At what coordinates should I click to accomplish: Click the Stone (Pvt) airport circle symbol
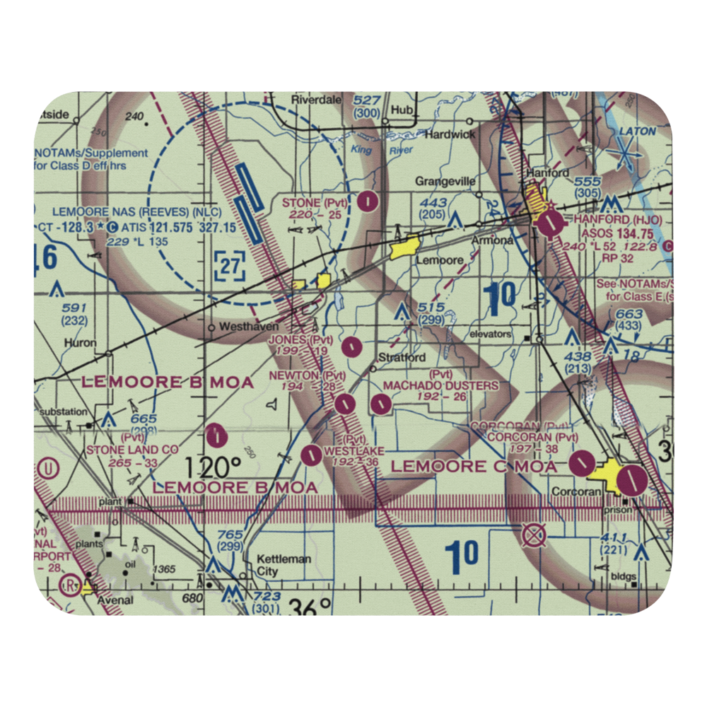[x=368, y=201]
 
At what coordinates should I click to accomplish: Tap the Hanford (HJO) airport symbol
[x=550, y=225]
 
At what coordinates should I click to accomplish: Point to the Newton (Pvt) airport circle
[x=344, y=404]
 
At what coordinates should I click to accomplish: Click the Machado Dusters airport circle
[x=381, y=404]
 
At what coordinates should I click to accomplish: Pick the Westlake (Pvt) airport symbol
[x=310, y=455]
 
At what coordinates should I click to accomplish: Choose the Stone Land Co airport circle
[x=218, y=436]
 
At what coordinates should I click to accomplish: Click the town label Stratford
[x=402, y=357]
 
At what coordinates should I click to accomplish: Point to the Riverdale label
[x=316, y=100]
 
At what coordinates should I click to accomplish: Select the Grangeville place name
[x=445, y=182]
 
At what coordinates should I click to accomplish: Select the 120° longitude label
[x=214, y=467]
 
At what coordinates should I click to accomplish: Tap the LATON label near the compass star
[x=637, y=132]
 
